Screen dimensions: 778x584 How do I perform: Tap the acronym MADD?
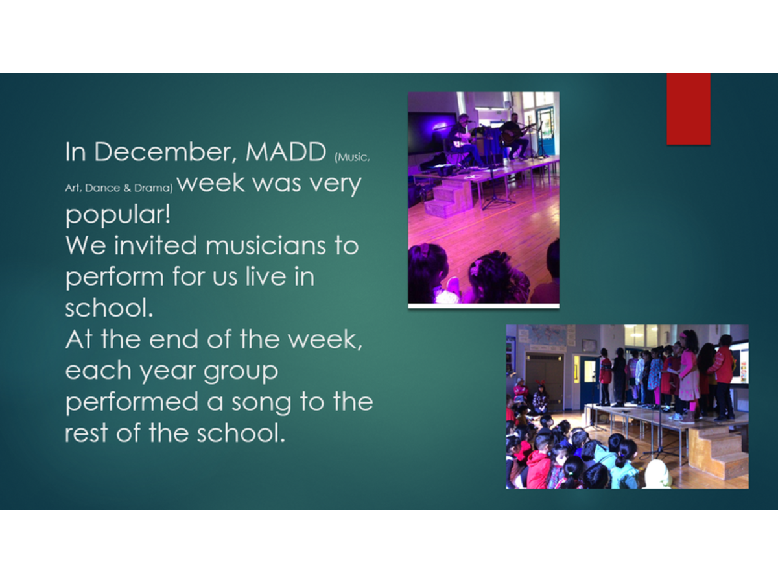pos(286,152)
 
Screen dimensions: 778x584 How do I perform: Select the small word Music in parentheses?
pos(352,157)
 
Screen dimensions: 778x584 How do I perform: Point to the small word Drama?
pos(154,188)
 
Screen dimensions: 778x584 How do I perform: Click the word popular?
pos(118,215)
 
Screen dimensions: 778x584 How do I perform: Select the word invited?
pos(155,245)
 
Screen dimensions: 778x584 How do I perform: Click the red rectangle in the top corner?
pos(689,109)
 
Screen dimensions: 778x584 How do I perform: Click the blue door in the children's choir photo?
pos(589,380)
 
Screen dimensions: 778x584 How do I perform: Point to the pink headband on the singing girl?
pos(683,335)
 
